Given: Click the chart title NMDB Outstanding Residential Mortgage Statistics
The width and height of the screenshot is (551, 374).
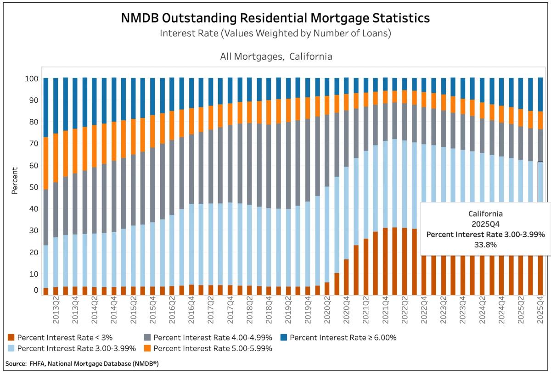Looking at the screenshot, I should (275, 18).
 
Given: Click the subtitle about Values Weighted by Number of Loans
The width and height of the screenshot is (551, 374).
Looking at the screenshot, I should (275, 34).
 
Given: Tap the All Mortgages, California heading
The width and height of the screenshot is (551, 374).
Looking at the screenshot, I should (275, 57).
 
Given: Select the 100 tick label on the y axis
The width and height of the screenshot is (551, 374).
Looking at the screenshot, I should (30, 78).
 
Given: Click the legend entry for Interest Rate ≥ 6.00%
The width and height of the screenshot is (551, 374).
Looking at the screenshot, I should (343, 338).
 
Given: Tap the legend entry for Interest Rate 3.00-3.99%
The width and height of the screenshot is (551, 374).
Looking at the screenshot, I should (76, 348).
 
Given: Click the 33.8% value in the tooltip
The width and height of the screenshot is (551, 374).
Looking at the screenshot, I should (485, 245).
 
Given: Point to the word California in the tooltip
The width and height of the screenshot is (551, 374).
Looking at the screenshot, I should (485, 214).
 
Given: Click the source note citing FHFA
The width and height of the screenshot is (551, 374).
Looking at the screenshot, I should (82, 364).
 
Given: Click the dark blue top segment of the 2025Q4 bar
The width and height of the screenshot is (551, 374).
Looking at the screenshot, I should (541, 94).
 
